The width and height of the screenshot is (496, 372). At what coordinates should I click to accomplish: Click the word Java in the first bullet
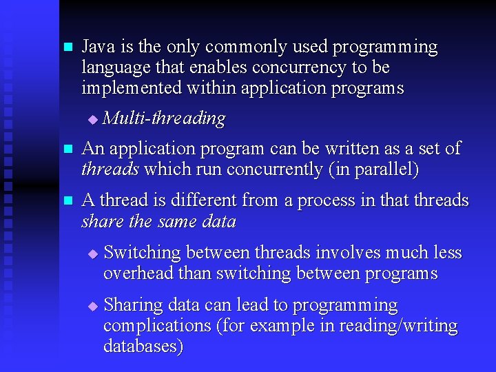click(99, 47)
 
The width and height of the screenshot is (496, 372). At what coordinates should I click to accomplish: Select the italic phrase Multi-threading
click(163, 118)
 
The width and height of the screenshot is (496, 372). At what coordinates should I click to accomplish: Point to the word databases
click(141, 346)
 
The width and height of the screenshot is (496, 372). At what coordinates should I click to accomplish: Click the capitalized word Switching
click(142, 253)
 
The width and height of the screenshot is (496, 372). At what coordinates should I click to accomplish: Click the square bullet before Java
click(67, 48)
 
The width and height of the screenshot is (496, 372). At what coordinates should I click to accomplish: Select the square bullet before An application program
click(67, 149)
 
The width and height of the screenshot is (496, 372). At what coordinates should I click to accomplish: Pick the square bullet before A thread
click(67, 201)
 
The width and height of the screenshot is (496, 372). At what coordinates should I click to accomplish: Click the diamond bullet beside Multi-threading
click(93, 120)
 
